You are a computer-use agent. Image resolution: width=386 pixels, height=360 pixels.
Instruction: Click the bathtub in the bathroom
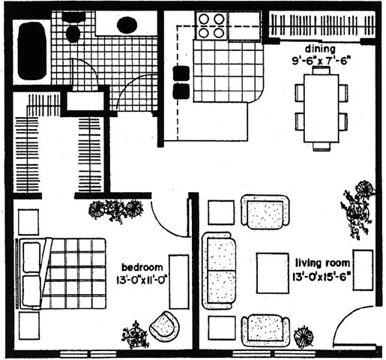click(x=32, y=51)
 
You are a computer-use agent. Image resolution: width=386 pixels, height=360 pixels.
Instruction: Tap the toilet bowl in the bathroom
click(x=73, y=34)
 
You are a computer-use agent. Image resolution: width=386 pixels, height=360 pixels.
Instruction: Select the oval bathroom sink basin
click(x=127, y=24)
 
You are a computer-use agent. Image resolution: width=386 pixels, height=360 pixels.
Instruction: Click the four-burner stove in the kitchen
click(x=211, y=25)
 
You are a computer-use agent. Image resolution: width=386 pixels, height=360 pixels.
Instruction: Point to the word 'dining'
click(x=320, y=49)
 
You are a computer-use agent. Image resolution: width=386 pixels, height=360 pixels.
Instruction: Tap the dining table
click(x=322, y=109)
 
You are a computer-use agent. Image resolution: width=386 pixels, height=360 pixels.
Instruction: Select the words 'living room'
click(x=322, y=263)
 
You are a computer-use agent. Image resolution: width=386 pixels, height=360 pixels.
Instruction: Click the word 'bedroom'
click(x=142, y=267)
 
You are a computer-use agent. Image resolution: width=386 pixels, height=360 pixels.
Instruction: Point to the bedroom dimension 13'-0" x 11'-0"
click(x=141, y=279)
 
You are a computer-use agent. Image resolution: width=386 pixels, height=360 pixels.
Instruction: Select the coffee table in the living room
click(x=273, y=273)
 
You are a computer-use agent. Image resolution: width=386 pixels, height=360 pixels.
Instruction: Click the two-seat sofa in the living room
click(x=220, y=271)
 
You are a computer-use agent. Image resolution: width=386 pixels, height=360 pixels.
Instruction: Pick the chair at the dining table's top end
click(x=322, y=70)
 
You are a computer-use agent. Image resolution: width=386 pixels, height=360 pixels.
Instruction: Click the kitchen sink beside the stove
click(x=244, y=25)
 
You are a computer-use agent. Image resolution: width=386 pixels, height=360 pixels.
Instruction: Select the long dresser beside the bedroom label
click(x=179, y=282)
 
